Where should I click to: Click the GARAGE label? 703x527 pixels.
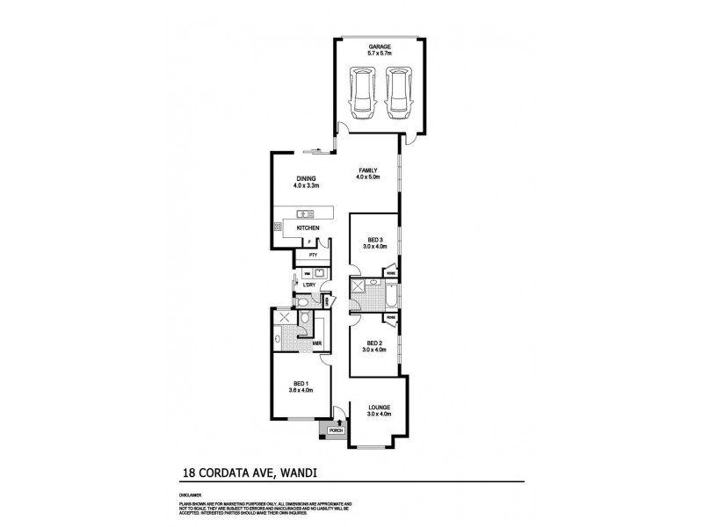coord(380,47)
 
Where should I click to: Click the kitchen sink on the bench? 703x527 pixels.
coord(305,213)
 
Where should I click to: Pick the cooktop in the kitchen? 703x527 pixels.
coord(279,227)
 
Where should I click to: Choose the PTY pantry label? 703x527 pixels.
coord(312,255)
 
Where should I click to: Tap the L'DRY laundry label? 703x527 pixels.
coord(309,285)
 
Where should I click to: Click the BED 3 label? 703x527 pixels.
coord(373,239)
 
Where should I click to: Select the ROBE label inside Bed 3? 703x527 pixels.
coord(389,273)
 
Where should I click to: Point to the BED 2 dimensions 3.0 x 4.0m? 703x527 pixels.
coord(373,350)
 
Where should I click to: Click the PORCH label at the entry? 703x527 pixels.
coord(335,430)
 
